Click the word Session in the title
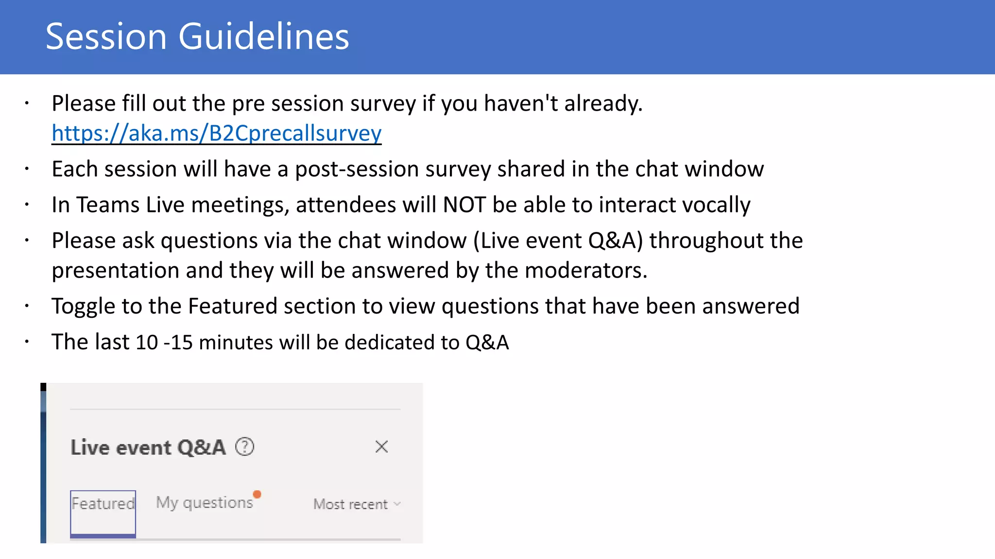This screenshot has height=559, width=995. (x=106, y=37)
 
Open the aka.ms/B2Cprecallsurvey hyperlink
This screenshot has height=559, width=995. (x=217, y=133)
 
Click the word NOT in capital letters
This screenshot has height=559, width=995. (x=464, y=205)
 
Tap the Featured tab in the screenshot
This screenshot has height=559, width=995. (x=103, y=504)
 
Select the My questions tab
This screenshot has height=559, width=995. (x=205, y=503)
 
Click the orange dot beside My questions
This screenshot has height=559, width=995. (x=257, y=494)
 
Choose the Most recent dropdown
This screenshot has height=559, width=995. (x=357, y=504)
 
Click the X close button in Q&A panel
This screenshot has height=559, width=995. (x=381, y=446)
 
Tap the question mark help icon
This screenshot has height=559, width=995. (x=244, y=446)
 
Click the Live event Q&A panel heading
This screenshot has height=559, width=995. (x=148, y=447)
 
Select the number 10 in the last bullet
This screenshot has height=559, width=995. (x=147, y=343)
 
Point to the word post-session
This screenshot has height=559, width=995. (x=357, y=169)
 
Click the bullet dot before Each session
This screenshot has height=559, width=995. (x=27, y=169)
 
